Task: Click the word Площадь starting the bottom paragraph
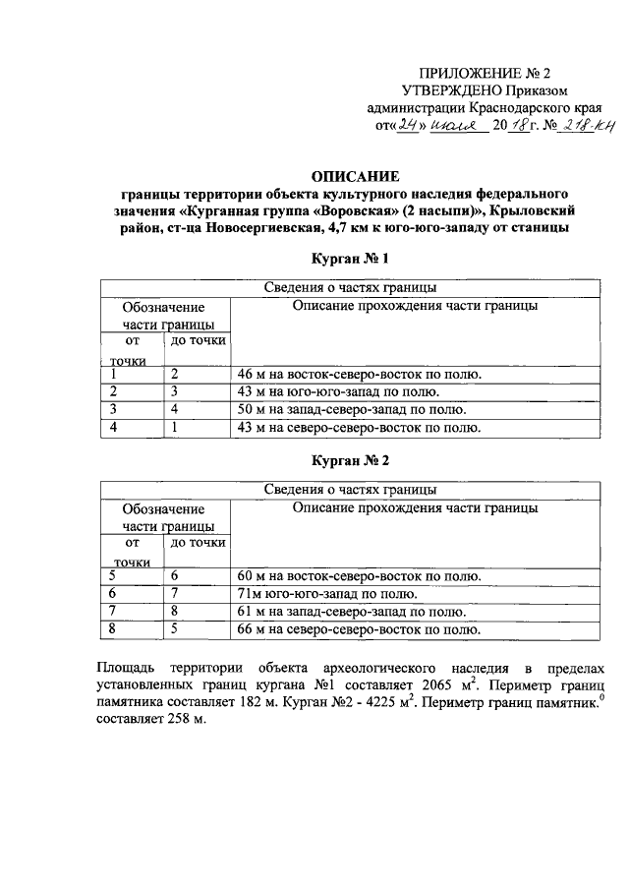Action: click(x=129, y=664)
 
